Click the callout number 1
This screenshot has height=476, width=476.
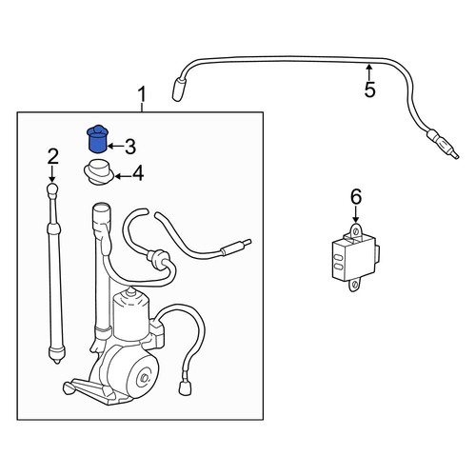tap(142, 95)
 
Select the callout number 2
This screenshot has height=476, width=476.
tap(53, 157)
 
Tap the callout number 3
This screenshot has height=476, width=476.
tap(130, 147)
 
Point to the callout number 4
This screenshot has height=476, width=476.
tap(138, 173)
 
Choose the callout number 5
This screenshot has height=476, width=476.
tap(370, 89)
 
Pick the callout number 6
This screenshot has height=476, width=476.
tap(356, 196)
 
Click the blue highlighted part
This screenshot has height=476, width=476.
tap(97, 139)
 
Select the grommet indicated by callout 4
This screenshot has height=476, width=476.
tap(99, 173)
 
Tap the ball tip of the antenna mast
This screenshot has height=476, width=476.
tap(52, 189)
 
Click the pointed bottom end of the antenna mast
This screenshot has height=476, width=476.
tap(57, 361)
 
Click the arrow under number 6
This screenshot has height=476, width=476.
tap(356, 214)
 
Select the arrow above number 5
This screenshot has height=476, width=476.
tap(368, 72)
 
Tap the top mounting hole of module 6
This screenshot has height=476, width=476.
tap(355, 231)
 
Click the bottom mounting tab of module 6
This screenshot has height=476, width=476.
tap(355, 285)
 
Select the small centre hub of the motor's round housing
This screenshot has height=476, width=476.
tap(144, 378)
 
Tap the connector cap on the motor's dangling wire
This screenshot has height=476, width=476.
tap(186, 387)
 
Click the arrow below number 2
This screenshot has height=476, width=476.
tap(52, 174)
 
